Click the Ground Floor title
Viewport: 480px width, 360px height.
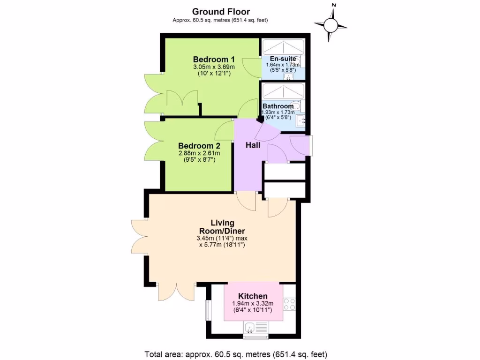pyautogui.click(x=221, y=12)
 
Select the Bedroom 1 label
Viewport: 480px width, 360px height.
pyautogui.click(x=214, y=60)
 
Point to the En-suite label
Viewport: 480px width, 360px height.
pyautogui.click(x=279, y=59)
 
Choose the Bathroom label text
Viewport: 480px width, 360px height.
pyautogui.click(x=278, y=106)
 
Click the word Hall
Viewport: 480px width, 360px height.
pyautogui.click(x=253, y=145)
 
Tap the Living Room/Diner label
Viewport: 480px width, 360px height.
pyautogui.click(x=222, y=227)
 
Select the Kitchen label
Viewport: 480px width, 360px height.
pyautogui.click(x=253, y=296)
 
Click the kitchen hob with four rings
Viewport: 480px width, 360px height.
pyautogui.click(x=289, y=304)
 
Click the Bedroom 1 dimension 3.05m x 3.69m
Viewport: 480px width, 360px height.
pyautogui.click(x=214, y=67)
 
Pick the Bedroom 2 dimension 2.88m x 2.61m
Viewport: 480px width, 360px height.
pyautogui.click(x=199, y=153)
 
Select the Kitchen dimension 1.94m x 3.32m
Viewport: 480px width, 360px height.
pyautogui.click(x=253, y=304)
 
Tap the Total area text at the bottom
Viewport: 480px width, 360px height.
pyautogui.click(x=235, y=354)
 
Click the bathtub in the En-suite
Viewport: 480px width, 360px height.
pyautogui.click(x=283, y=47)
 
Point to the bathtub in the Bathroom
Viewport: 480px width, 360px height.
pyautogui.click(x=283, y=91)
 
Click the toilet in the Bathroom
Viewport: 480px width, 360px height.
pyautogui.click(x=295, y=106)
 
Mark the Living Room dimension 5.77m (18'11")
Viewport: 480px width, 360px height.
pyautogui.click(x=221, y=245)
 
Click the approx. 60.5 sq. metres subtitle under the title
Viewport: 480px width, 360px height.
pyautogui.click(x=220, y=20)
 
